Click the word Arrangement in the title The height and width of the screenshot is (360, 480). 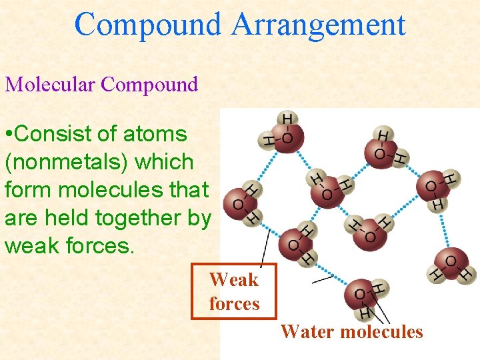click(x=319, y=25)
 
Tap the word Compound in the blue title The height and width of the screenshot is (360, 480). click(x=147, y=25)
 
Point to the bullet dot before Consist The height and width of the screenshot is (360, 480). click(x=8, y=134)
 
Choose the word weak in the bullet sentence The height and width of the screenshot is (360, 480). click(x=32, y=245)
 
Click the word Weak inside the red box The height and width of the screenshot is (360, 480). click(x=233, y=279)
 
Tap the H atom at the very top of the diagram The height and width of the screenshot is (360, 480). click(x=287, y=119)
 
